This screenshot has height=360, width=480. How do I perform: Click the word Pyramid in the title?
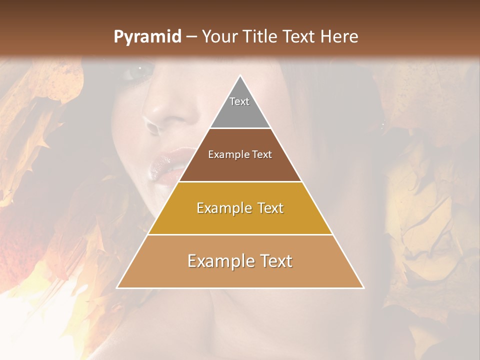(x=147, y=37)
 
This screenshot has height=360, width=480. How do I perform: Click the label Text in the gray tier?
(x=239, y=101)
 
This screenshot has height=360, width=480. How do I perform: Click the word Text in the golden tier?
(x=266, y=208)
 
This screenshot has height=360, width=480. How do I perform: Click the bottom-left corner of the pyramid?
(x=117, y=287)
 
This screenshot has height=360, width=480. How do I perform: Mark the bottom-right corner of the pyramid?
(x=363, y=287)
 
